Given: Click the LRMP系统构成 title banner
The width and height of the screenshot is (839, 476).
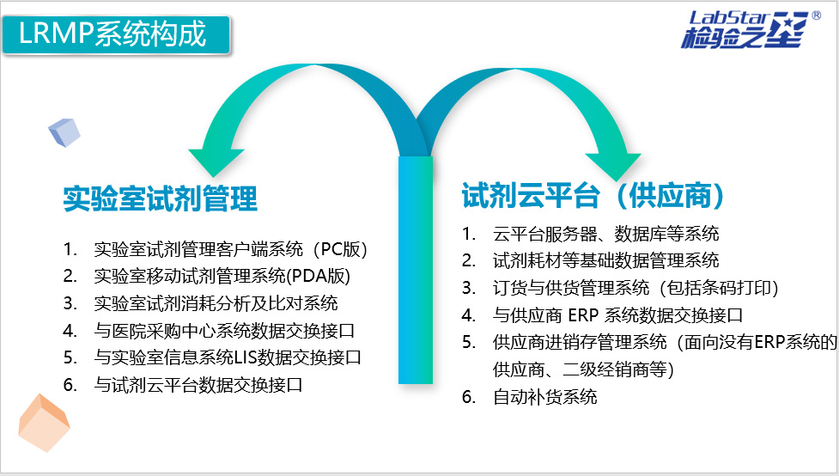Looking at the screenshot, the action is pyautogui.click(x=116, y=35).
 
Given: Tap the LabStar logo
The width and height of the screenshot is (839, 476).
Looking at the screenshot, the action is pyautogui.click(x=745, y=29).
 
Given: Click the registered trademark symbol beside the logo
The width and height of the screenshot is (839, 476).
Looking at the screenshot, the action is pyautogui.click(x=816, y=15).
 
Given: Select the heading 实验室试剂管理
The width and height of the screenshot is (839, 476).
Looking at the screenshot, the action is pyautogui.click(x=160, y=198).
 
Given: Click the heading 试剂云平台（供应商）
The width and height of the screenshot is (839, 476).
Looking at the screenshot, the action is pyautogui.click(x=593, y=195).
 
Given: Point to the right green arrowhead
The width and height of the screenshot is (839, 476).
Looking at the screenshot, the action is pyautogui.click(x=614, y=167).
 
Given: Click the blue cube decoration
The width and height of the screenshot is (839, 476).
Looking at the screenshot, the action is pyautogui.click(x=64, y=132).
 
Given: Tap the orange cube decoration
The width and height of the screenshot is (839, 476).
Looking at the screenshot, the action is pyautogui.click(x=44, y=423).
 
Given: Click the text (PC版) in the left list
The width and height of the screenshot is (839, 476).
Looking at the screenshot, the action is pyautogui.click(x=341, y=249).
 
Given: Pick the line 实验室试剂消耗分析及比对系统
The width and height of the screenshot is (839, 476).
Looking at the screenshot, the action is pyautogui.click(x=216, y=303).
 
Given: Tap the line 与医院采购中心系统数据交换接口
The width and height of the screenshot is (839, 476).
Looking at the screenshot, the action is pyautogui.click(x=224, y=330).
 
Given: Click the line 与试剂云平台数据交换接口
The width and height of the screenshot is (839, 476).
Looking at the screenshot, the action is pyautogui.click(x=198, y=384).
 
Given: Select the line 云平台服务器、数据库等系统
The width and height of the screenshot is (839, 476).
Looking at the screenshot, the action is pyautogui.click(x=605, y=234).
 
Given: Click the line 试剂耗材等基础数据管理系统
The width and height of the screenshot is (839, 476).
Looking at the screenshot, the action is pyautogui.click(x=605, y=260).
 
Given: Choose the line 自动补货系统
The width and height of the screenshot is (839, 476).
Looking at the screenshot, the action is pyautogui.click(x=544, y=397).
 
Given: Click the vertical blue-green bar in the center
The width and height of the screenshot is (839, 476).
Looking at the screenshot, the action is pyautogui.click(x=416, y=270).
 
